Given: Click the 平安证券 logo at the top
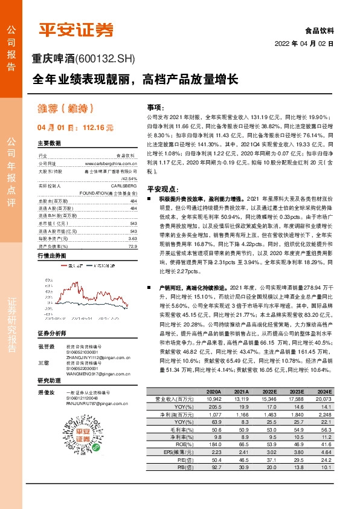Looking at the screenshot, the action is tap(76, 30).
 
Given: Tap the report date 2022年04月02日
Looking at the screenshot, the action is tap(304, 44).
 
